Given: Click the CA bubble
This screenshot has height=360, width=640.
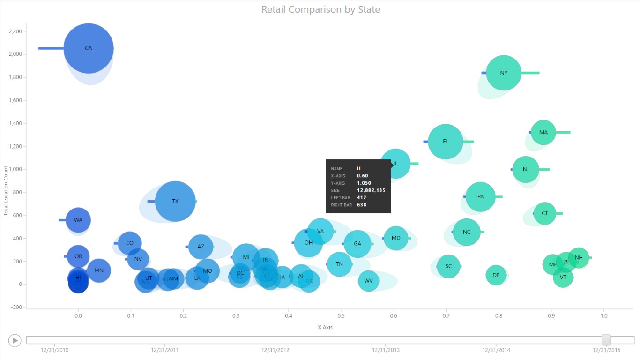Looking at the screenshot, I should click(89, 48).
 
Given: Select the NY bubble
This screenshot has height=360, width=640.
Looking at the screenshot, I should click(504, 73).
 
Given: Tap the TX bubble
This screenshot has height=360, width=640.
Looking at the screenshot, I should click(175, 201).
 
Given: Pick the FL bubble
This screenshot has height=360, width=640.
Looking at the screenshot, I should click(446, 141).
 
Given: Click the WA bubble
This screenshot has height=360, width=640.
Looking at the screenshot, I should click(78, 220).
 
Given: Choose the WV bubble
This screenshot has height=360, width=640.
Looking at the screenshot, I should click(369, 281).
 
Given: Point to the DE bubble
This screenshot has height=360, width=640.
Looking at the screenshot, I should click(496, 275).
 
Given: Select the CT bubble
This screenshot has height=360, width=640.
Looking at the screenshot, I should click(545, 213).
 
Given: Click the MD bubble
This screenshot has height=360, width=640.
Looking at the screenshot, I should click(396, 238).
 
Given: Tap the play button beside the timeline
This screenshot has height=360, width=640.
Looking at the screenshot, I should click(15, 340).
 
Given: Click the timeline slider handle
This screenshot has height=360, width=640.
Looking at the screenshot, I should click(606, 340).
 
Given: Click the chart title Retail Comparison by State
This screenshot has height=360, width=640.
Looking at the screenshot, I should click(320, 9).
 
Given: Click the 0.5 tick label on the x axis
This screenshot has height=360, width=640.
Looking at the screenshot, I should click(341, 316).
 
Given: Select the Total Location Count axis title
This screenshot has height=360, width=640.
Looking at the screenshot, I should click(6, 191).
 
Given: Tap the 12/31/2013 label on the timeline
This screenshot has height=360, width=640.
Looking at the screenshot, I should click(386, 350).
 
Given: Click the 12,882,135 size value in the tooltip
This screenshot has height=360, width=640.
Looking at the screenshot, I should click(371, 190).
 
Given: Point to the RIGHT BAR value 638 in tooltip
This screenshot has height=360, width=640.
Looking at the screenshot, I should click(362, 205).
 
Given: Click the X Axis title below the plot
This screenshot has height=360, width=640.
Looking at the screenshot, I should click(325, 327).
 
